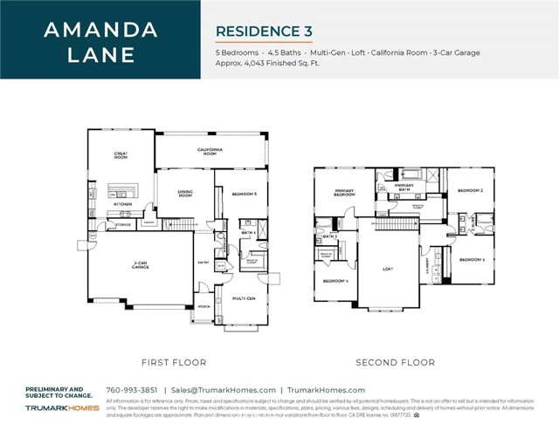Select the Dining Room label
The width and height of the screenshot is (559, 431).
click(x=184, y=195)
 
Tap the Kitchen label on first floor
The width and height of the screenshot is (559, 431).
click(x=121, y=204)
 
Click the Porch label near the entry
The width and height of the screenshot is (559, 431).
click(x=204, y=307)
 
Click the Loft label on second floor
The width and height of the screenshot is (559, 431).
click(x=389, y=269)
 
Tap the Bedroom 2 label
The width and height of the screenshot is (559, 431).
click(x=471, y=189)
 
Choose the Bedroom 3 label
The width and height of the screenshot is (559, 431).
click(x=472, y=259)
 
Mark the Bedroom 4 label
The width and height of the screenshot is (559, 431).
click(x=335, y=281)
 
